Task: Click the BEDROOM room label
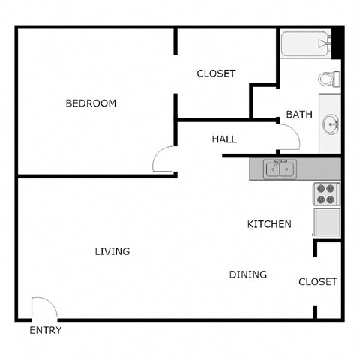pyautogui.click(x=91, y=103)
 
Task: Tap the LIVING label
pyautogui.click(x=112, y=251)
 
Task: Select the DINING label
pyautogui.click(x=248, y=274)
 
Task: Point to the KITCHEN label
pyautogui.click(x=269, y=224)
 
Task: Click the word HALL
pyautogui.click(x=224, y=139)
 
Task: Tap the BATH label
pyautogui.click(x=299, y=115)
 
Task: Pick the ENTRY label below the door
pyautogui.click(x=45, y=330)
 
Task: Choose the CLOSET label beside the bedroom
pyautogui.click(x=216, y=73)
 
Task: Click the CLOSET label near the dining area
pyautogui.click(x=318, y=282)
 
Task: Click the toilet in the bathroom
pyautogui.click(x=328, y=78)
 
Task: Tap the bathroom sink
pyautogui.click(x=329, y=124)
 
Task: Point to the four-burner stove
pyautogui.click(x=327, y=194)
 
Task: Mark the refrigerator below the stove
pyautogui.click(x=327, y=222)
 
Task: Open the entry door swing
pyautogui.click(x=43, y=308)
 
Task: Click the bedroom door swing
pyautogui.click(x=163, y=160)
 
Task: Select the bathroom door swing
pyautogui.click(x=288, y=138)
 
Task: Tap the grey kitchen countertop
pyautogui.click(x=319, y=169)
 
